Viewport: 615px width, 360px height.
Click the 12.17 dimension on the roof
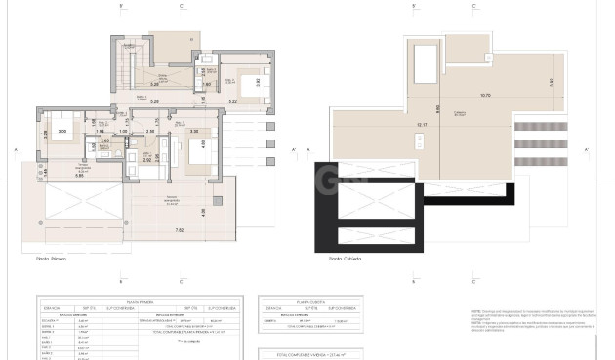[421, 125]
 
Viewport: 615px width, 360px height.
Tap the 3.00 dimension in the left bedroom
[61, 130]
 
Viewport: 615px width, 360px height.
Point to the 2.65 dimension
[104, 141]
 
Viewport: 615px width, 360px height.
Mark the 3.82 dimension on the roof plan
[551, 82]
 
